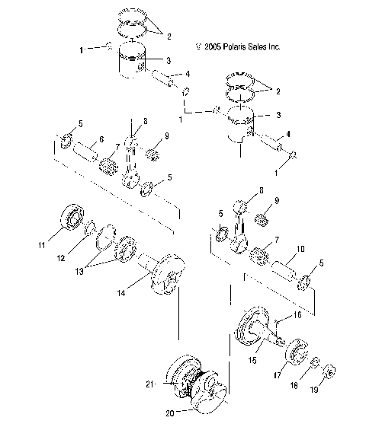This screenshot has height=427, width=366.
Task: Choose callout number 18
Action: pyautogui.click(x=307, y=385)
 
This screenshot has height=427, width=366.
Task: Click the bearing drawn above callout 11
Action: pyautogui.click(x=75, y=215)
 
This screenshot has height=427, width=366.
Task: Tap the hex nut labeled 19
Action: pyautogui.click(x=332, y=374)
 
